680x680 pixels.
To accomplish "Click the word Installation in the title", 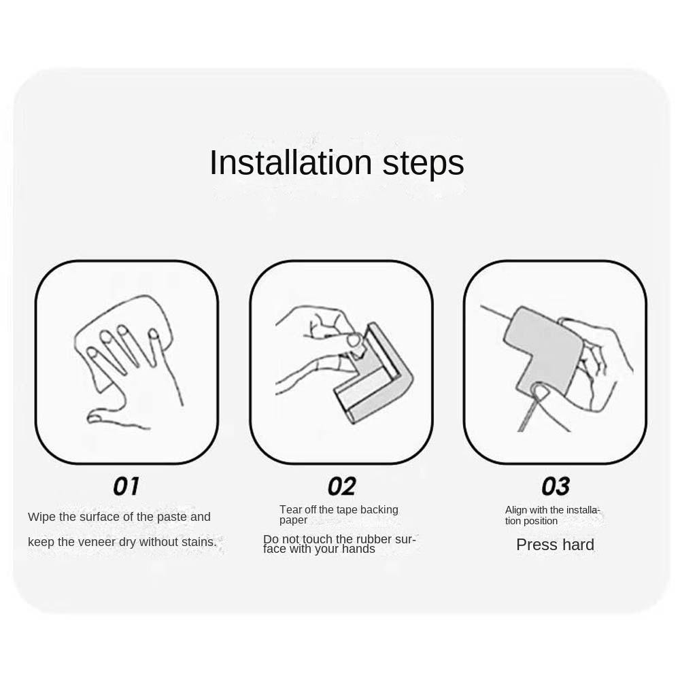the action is click(x=290, y=163).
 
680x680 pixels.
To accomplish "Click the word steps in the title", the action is click(x=423, y=165).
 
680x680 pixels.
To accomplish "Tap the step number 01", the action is click(x=126, y=486).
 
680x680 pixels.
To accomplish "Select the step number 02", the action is click(x=342, y=486).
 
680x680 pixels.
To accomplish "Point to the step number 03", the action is click(x=556, y=486).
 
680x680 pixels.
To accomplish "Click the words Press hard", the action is click(x=555, y=545).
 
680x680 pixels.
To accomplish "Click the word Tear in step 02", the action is click(x=290, y=509).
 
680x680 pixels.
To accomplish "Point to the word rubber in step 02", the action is click(x=371, y=539).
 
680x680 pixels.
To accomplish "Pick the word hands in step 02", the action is click(x=358, y=549).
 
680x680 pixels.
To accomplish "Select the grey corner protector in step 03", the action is click(x=542, y=347).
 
